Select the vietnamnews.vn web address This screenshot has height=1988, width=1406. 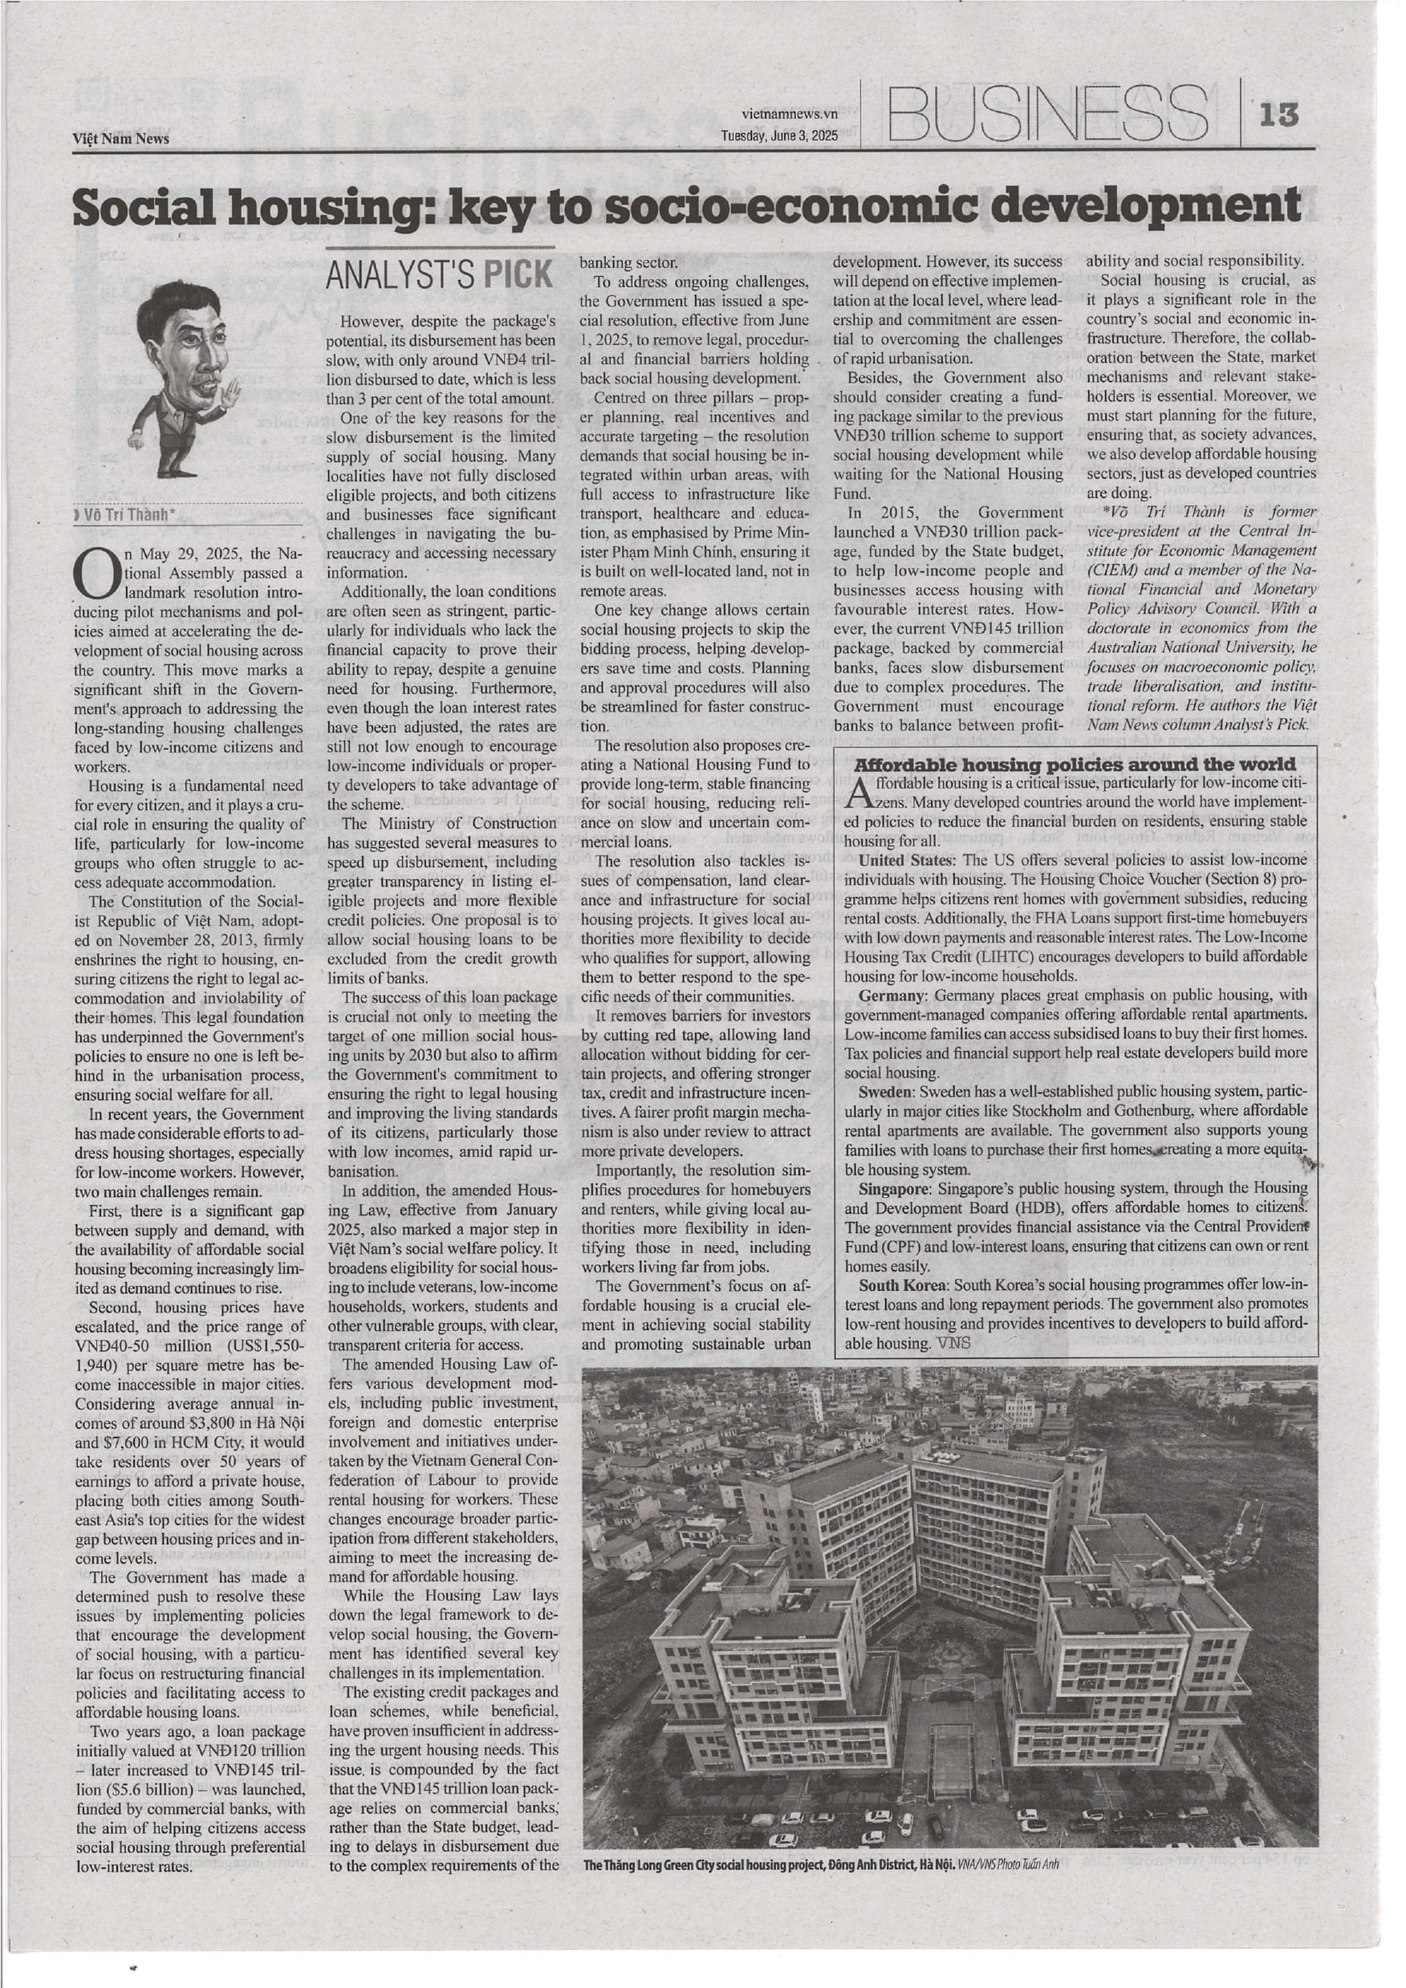tap(790, 113)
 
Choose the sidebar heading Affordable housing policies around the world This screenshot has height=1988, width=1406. tap(1075, 765)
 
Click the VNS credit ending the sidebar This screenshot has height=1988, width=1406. tap(954, 1343)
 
